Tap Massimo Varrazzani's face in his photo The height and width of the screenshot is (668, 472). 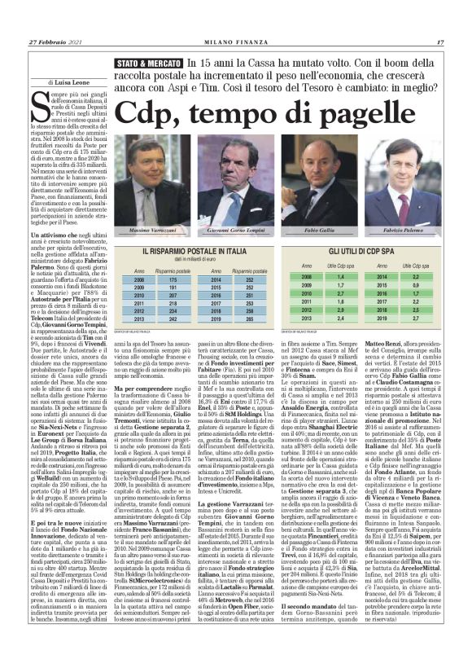pos(155,157)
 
